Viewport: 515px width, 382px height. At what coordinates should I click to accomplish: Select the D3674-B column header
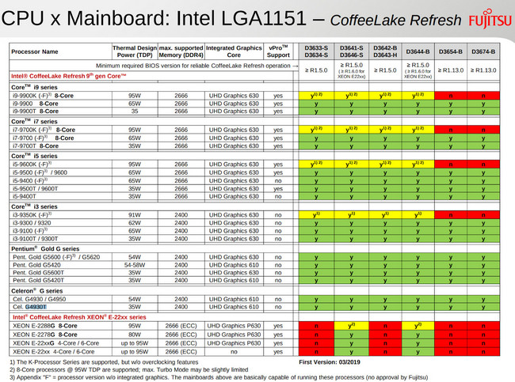(x=484, y=52)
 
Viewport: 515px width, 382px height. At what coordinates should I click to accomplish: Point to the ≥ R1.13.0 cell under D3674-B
(x=484, y=70)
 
